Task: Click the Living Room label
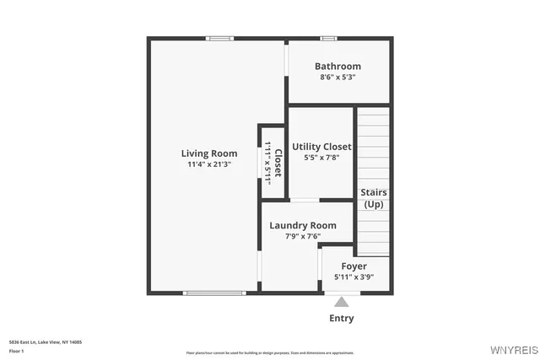(209, 153)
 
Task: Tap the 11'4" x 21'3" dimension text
(209, 164)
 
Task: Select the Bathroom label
(337, 67)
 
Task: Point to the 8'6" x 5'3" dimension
(337, 78)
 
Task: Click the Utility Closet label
(321, 147)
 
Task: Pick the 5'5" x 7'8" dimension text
(321, 158)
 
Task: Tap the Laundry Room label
(303, 225)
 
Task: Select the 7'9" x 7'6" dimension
(303, 236)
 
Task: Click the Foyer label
(354, 266)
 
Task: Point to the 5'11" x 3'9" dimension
(354, 277)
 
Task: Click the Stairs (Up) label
(374, 198)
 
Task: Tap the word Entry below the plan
(341, 318)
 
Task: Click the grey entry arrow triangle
(341, 302)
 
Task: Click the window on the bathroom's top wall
(329, 38)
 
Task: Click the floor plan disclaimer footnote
(270, 352)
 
